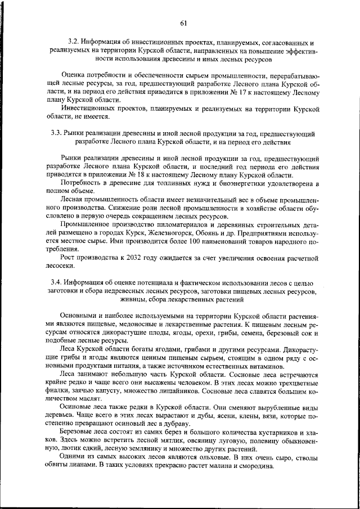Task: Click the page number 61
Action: click(183, 22)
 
